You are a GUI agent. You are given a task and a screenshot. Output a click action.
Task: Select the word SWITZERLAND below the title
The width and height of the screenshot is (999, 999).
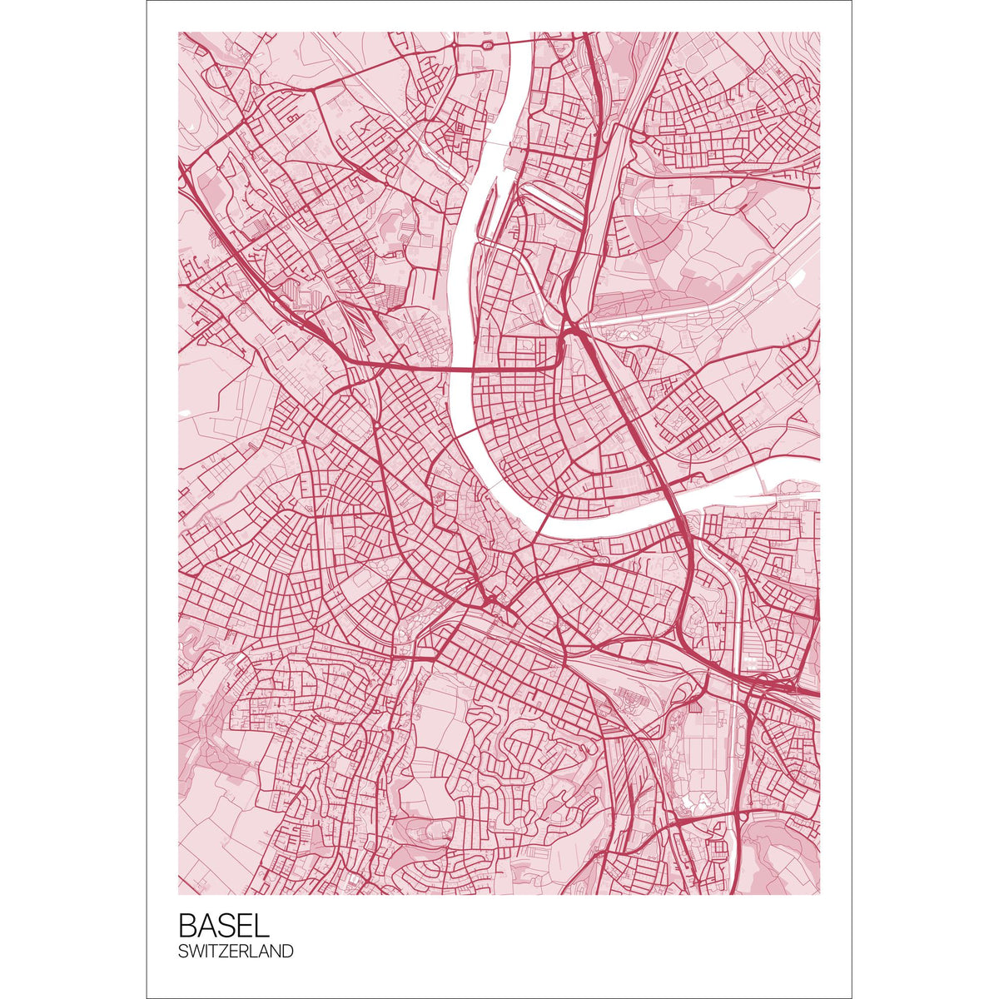pyautogui.click(x=236, y=951)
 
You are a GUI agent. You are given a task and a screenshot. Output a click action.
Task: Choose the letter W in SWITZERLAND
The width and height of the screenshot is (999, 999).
pyautogui.click(x=196, y=951)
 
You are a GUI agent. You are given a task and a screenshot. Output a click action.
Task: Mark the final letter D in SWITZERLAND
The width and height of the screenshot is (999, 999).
pyautogui.click(x=288, y=951)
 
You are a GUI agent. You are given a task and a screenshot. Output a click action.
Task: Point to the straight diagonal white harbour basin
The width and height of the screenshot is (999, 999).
pyautogui.click(x=549, y=200)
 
